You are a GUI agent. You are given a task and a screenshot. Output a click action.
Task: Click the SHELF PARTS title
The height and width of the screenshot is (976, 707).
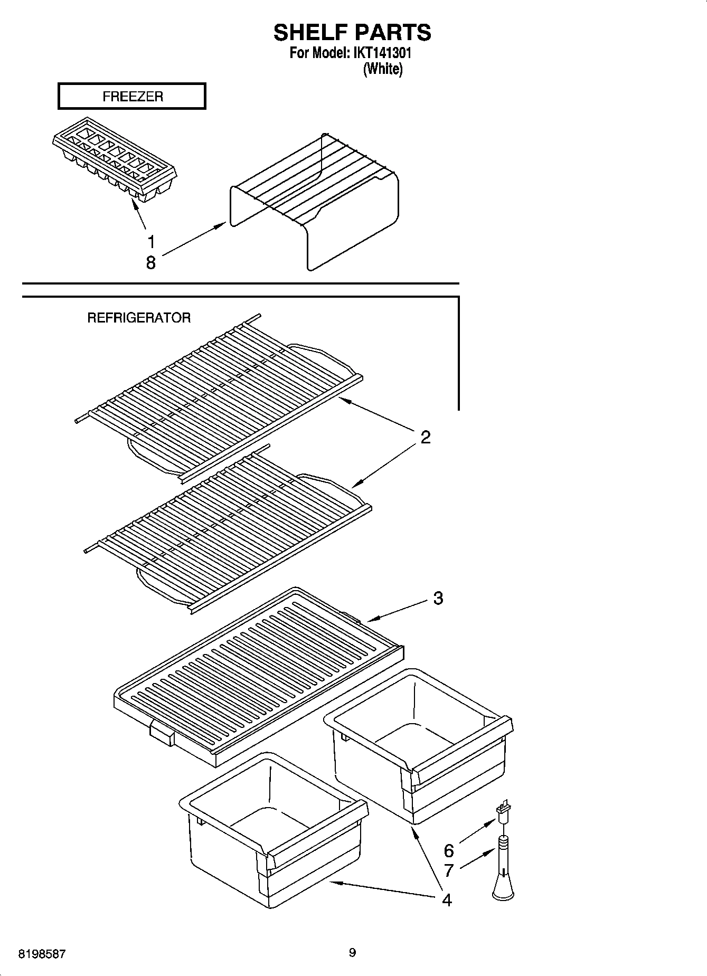tap(352, 33)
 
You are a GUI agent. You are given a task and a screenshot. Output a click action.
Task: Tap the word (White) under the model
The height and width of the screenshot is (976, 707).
tap(383, 69)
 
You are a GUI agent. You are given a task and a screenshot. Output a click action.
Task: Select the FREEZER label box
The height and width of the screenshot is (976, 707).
tap(132, 97)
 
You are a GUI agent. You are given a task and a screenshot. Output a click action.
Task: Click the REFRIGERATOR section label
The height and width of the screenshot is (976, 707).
tap(139, 318)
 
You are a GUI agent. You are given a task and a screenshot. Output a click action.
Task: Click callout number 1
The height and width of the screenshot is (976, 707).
tap(151, 242)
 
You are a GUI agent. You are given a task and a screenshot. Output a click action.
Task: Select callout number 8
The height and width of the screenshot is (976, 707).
tap(151, 262)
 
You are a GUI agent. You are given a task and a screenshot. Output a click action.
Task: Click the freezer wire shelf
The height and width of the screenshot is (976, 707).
tap(317, 201)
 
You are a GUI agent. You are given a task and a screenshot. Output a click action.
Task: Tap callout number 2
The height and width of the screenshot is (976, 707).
tap(425, 437)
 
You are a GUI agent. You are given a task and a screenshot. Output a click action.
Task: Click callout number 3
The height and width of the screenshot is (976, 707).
tap(438, 598)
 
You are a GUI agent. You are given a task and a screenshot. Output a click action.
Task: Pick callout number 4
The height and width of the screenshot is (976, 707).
tap(447, 900)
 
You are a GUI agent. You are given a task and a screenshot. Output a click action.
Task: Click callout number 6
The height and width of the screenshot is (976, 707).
tap(449, 850)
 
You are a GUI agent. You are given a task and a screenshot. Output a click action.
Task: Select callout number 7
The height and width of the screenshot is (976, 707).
tap(449, 870)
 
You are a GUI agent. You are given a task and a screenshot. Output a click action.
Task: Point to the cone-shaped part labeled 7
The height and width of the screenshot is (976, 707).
tap(503, 876)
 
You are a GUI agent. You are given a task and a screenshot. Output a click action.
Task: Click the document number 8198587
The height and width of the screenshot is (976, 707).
tap(42, 954)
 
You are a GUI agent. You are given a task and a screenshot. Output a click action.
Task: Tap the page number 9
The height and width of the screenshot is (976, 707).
tap(352, 953)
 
